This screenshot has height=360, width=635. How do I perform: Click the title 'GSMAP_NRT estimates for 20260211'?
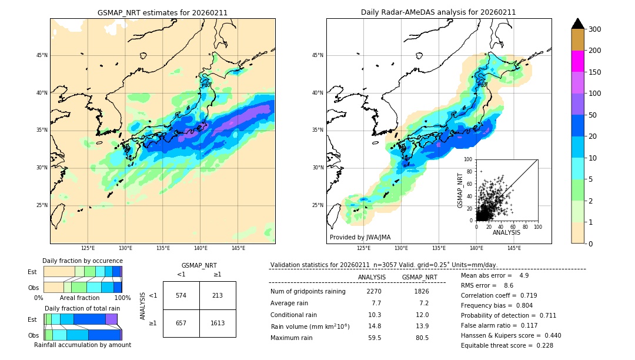(162, 12)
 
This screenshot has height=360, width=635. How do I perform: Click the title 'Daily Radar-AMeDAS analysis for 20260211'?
(439, 12)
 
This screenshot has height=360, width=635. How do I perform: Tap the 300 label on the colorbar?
(595, 29)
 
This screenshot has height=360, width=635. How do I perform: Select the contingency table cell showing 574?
(181, 295)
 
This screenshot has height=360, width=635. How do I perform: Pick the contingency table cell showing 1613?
(218, 323)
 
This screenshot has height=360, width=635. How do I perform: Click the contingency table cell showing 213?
(218, 295)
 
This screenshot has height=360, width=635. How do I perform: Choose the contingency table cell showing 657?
(181, 323)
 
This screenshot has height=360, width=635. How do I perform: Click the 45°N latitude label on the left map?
(42, 55)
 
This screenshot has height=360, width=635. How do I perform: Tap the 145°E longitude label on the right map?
(514, 248)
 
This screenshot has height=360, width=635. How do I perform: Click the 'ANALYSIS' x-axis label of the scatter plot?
(506, 232)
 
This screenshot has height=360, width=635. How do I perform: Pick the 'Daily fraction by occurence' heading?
(82, 261)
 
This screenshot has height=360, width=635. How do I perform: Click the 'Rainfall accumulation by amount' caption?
(82, 345)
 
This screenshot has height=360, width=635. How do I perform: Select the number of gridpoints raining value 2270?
(374, 291)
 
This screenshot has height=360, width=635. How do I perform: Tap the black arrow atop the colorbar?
(578, 24)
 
